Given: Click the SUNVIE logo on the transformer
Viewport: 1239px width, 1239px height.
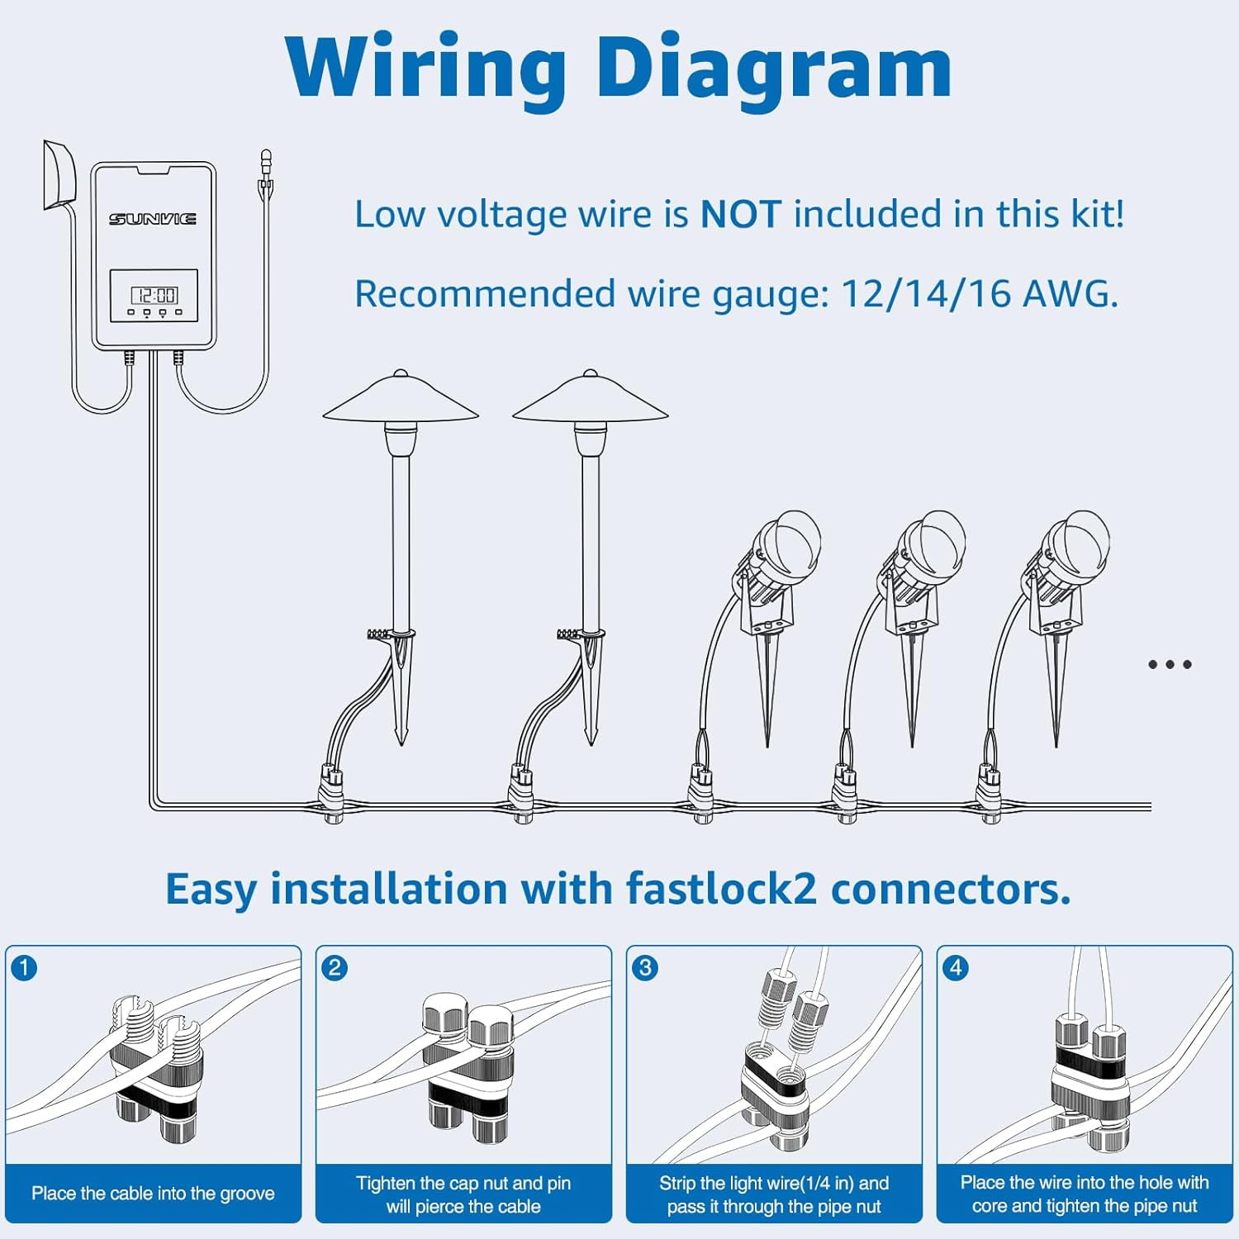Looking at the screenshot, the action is pos(153,219).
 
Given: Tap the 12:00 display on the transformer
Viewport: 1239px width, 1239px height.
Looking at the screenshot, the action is pos(154,295).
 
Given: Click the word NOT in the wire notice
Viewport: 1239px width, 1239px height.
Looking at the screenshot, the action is pos(740,215).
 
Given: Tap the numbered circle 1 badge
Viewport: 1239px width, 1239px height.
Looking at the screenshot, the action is pos(25,967).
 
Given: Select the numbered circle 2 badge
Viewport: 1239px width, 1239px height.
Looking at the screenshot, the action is pos(335,967).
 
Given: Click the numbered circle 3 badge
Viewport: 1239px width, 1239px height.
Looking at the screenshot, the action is pos(645,967).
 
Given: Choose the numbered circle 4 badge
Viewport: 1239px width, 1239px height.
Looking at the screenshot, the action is pos(956,967).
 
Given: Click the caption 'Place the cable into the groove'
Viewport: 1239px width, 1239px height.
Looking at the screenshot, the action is pos(153,1194).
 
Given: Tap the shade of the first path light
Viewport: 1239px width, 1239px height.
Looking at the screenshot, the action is pos(401,399).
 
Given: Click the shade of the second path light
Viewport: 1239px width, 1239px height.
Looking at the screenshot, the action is pos(590,399).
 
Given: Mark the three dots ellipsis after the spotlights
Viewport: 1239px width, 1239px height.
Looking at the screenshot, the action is pos(1170,664).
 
